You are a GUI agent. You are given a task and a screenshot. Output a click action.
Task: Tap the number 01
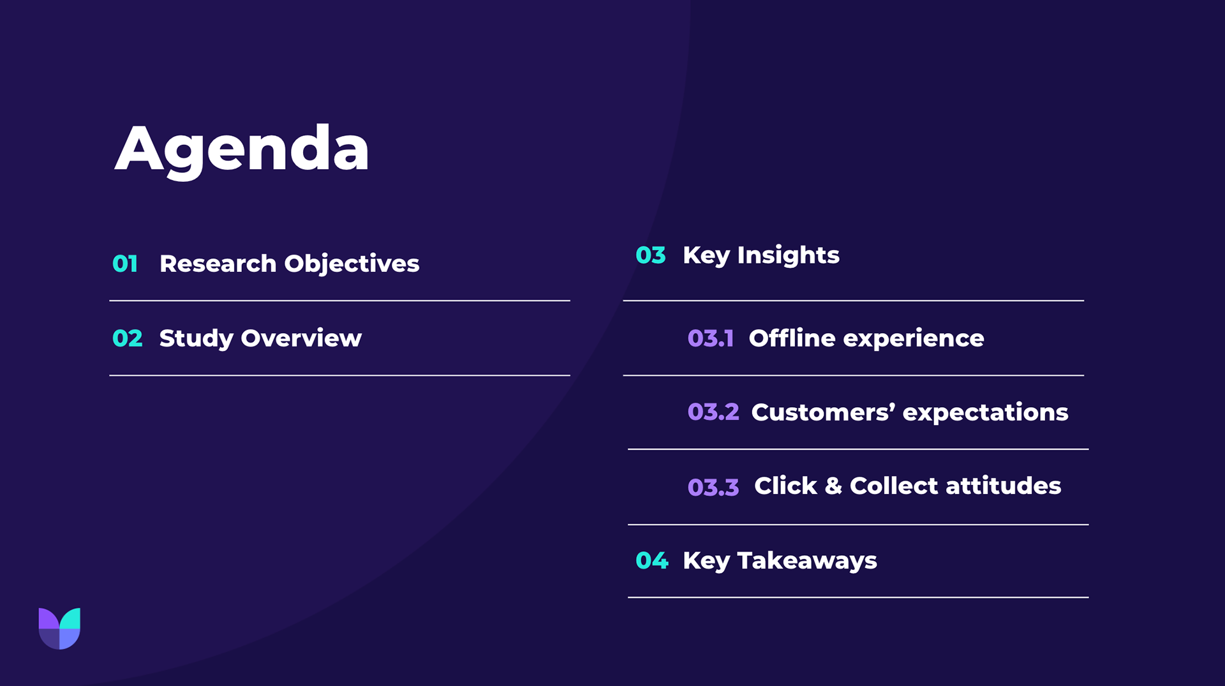[125, 264]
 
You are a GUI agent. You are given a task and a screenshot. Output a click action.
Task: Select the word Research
[218, 264]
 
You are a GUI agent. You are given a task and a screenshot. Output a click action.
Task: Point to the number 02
[127, 338]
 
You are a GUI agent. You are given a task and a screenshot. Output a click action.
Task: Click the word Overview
[301, 338]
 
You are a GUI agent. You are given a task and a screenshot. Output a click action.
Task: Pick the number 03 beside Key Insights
[651, 255]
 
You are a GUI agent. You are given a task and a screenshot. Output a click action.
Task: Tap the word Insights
[788, 256]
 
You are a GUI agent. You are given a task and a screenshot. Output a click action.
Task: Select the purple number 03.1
[710, 338]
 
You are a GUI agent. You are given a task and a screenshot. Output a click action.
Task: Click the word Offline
[792, 338]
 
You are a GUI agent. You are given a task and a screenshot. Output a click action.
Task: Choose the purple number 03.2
[713, 412]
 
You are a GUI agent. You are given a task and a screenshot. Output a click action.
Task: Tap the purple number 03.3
[713, 488]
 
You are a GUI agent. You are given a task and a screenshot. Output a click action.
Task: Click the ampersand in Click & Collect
[833, 486]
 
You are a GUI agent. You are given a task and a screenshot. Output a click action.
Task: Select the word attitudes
[1003, 486]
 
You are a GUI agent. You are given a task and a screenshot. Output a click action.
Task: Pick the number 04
[652, 561]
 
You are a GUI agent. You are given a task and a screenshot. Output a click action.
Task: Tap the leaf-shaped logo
[59, 629]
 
